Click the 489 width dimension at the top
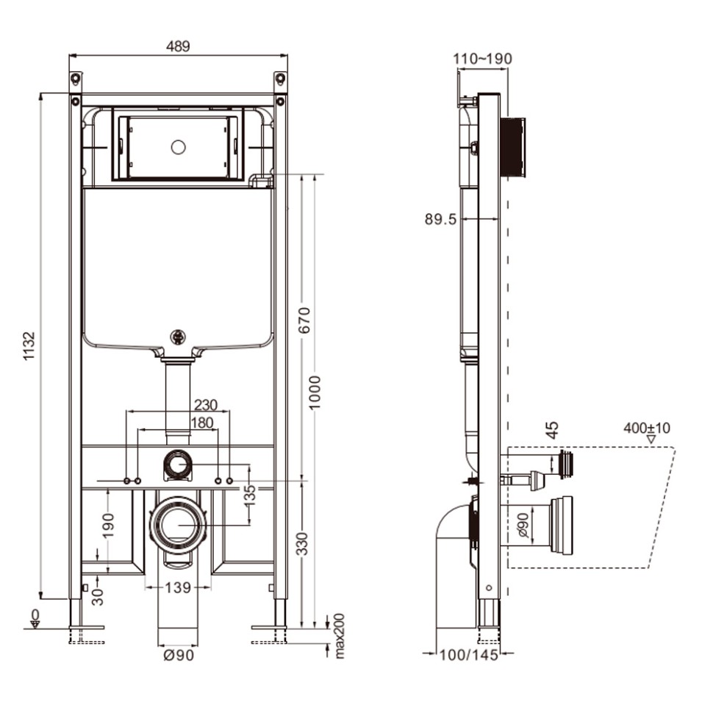click(x=177, y=46)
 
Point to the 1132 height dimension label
click(x=29, y=345)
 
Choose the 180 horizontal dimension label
click(x=201, y=423)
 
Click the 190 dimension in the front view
click(x=108, y=526)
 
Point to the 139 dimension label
click(x=177, y=587)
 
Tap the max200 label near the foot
click(x=339, y=635)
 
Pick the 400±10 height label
click(x=647, y=428)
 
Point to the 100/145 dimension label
click(x=470, y=655)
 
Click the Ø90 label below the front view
click(x=179, y=655)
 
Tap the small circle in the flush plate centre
click(x=178, y=147)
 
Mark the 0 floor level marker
click(x=34, y=615)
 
